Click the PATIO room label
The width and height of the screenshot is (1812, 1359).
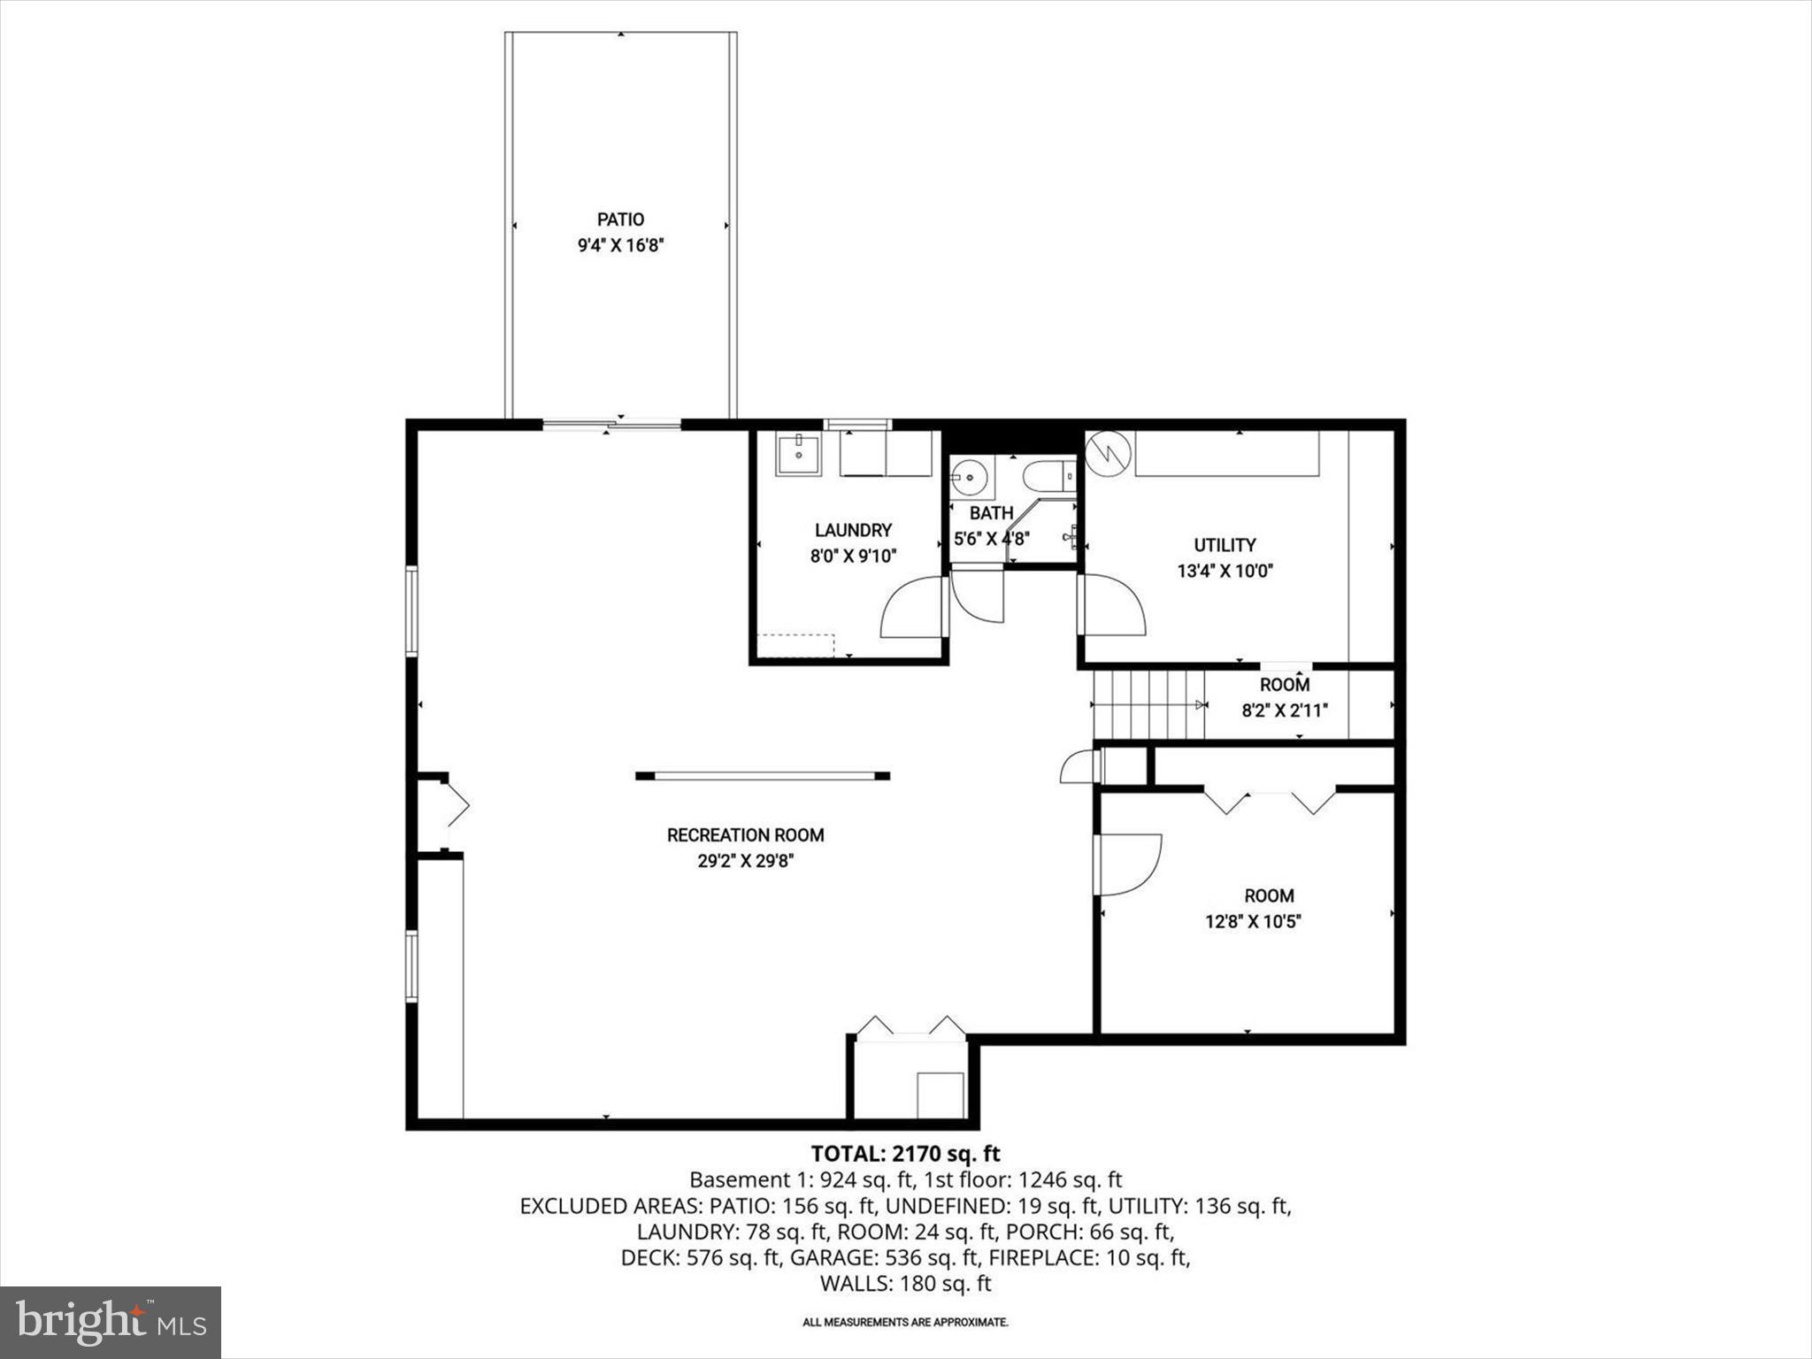620,219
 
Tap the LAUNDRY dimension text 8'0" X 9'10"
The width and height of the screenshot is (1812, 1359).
853,557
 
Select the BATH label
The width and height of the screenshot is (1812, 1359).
991,513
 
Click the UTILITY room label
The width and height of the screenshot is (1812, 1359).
1225,545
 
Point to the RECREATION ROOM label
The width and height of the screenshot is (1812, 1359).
745,835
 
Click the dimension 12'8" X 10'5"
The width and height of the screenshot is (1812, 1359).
1252,921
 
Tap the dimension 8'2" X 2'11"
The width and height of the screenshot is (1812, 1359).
1285,710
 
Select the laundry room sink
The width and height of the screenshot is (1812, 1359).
798,454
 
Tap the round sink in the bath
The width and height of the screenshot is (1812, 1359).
970,479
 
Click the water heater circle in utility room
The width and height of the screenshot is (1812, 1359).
1109,453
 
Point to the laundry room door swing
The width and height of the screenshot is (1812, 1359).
915,608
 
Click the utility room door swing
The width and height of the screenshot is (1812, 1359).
1112,605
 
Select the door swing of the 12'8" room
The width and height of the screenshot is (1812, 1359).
1130,864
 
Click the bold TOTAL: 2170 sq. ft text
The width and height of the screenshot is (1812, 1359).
905,1154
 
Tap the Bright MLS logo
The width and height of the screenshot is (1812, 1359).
111,1322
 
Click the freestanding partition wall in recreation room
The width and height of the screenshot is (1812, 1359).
763,776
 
